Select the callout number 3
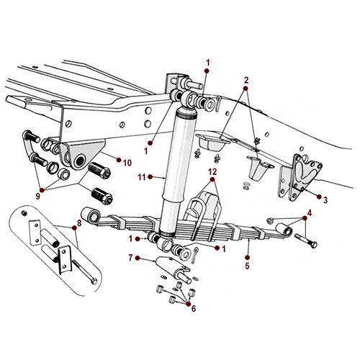point(326,199)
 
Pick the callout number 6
point(193,308)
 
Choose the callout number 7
point(130,258)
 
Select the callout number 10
point(127,161)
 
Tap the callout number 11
point(143,175)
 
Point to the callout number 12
point(212,171)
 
